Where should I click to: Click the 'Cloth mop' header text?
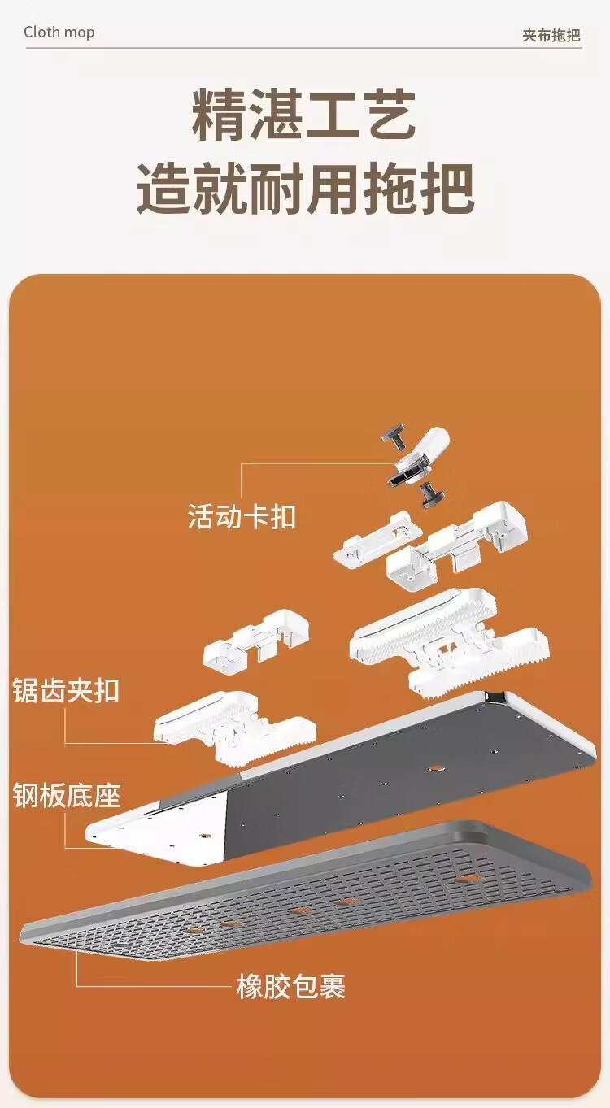pos(59,33)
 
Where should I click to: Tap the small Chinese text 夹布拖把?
pos(551,35)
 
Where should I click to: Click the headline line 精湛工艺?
pos(303,115)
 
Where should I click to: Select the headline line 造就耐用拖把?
pos(305,189)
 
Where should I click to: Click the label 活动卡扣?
pos(242,516)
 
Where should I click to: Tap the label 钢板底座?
pos(67,795)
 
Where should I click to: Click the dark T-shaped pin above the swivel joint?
pos(394,437)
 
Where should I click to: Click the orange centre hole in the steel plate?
pos(436,768)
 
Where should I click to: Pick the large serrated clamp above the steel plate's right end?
pos(448,642)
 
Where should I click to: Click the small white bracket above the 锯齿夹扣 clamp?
pos(256,641)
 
